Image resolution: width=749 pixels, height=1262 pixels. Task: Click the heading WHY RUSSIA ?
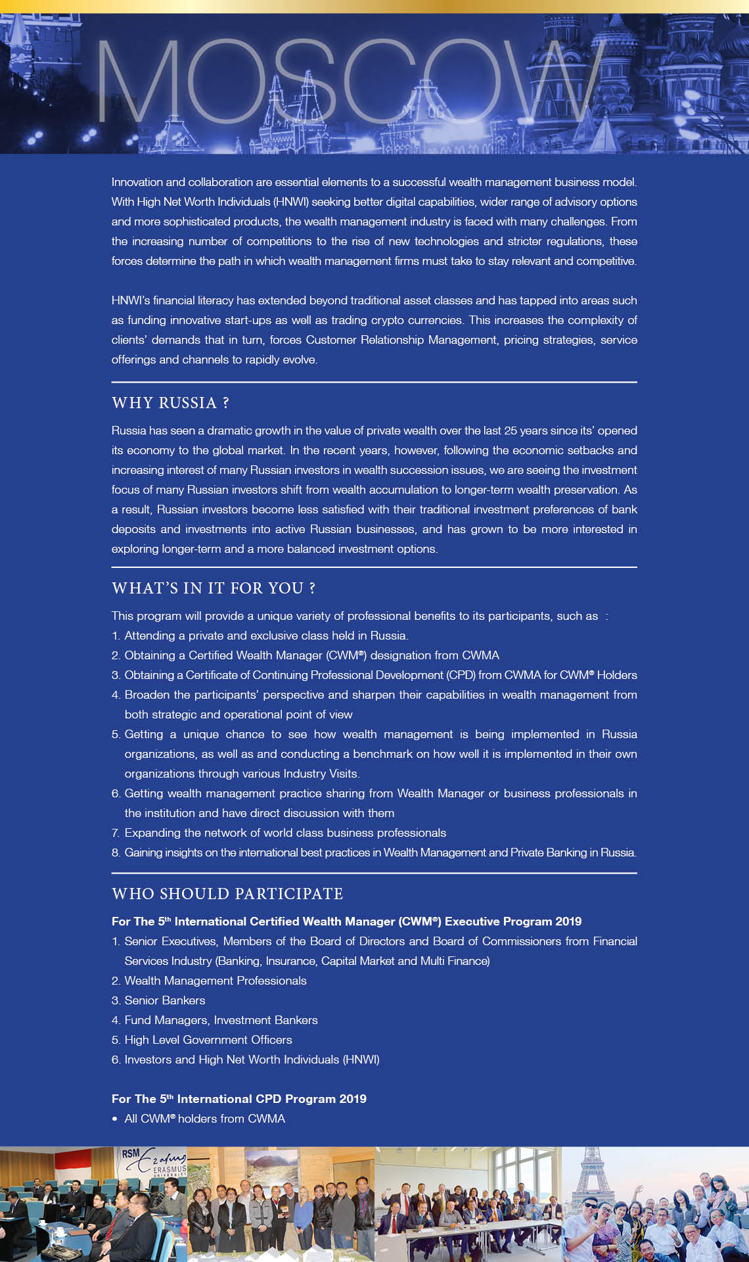click(170, 403)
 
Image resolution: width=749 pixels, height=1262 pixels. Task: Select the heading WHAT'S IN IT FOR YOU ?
click(214, 588)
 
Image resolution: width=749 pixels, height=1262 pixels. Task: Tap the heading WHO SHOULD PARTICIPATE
click(227, 894)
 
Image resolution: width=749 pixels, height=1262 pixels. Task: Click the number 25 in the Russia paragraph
click(511, 431)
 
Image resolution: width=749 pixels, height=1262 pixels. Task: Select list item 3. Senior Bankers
click(158, 1000)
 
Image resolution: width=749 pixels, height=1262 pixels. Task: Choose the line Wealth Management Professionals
click(216, 981)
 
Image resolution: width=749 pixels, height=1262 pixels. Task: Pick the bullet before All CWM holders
click(115, 1119)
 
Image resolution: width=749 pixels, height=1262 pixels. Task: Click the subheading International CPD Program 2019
click(239, 1099)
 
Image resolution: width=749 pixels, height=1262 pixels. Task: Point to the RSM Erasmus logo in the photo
click(153, 1162)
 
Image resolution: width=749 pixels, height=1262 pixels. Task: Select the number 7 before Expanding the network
click(115, 833)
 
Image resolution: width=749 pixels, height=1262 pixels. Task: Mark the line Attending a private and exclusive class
click(266, 636)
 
